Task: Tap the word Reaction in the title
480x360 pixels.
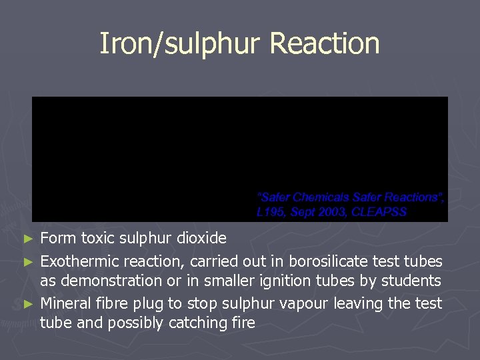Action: [325, 44]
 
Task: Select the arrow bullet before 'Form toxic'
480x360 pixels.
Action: [27, 239]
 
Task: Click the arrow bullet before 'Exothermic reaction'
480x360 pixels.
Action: [27, 259]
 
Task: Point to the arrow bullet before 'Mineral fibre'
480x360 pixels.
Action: [27, 304]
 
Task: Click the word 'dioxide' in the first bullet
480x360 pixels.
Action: [201, 238]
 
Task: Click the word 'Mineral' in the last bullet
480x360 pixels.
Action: [67, 304]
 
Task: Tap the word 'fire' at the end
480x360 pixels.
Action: [241, 323]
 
